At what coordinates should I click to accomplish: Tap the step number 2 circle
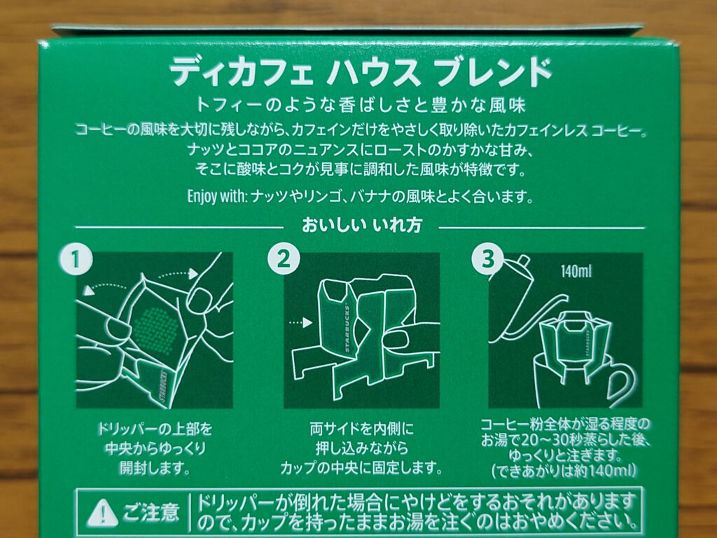281,260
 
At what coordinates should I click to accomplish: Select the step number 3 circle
487,260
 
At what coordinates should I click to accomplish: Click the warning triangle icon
100,512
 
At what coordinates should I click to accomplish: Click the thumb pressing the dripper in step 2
401,341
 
